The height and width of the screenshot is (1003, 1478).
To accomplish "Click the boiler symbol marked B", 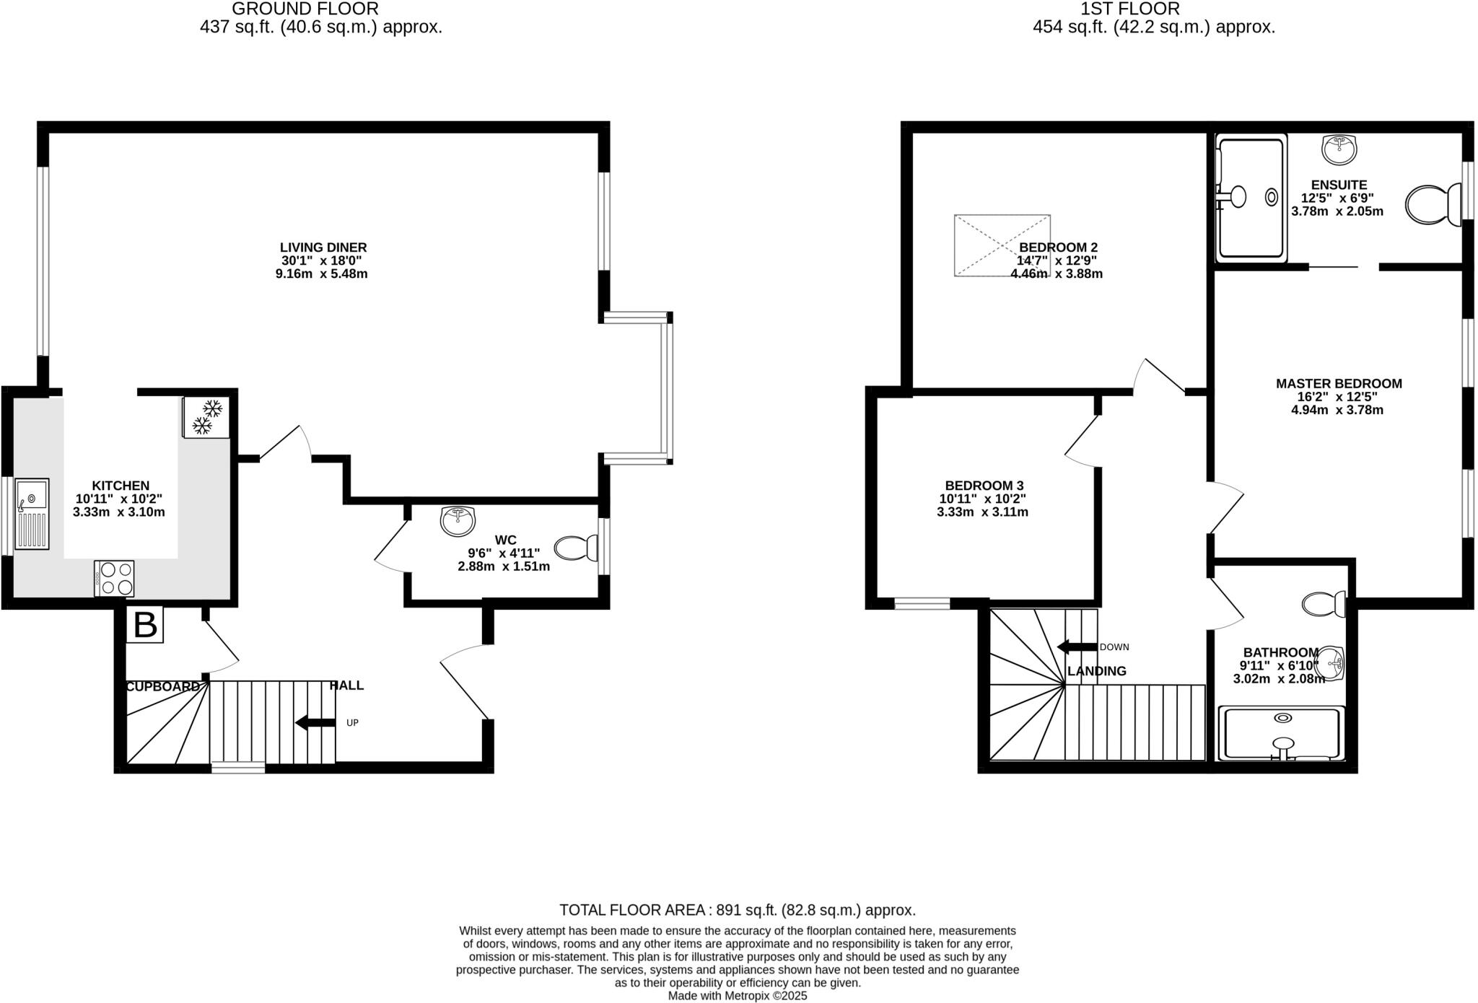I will click(x=145, y=625).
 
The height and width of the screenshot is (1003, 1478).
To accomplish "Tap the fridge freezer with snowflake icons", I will click(x=206, y=417).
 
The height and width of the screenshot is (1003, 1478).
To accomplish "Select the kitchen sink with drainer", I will click(x=32, y=514).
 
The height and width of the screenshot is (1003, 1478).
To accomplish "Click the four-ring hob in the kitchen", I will click(x=114, y=579).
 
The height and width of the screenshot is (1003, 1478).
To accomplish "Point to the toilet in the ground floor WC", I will click(x=577, y=548).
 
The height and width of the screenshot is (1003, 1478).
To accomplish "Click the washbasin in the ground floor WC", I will click(x=458, y=520).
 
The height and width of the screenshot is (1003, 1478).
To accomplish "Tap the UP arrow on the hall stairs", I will click(x=315, y=722).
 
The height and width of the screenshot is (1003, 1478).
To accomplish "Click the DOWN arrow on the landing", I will click(x=1076, y=647).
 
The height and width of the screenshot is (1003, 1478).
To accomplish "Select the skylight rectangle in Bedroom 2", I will click(x=1002, y=245).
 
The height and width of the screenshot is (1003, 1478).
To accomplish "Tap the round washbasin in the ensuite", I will click(x=1339, y=149).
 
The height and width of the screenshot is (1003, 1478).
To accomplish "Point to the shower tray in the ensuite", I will click(x=1251, y=198).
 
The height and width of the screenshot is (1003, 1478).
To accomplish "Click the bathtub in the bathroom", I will click(x=1282, y=734).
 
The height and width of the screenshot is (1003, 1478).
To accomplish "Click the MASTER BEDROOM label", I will click(x=1339, y=384).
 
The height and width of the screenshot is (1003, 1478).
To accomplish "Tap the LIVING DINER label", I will click(x=323, y=248).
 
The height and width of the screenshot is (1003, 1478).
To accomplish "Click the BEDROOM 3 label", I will click(x=984, y=486).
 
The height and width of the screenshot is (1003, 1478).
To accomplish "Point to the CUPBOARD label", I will click(x=162, y=687).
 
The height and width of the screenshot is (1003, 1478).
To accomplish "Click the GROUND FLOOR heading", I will click(x=305, y=9).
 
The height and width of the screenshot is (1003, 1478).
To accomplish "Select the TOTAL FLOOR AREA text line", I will click(x=737, y=910).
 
